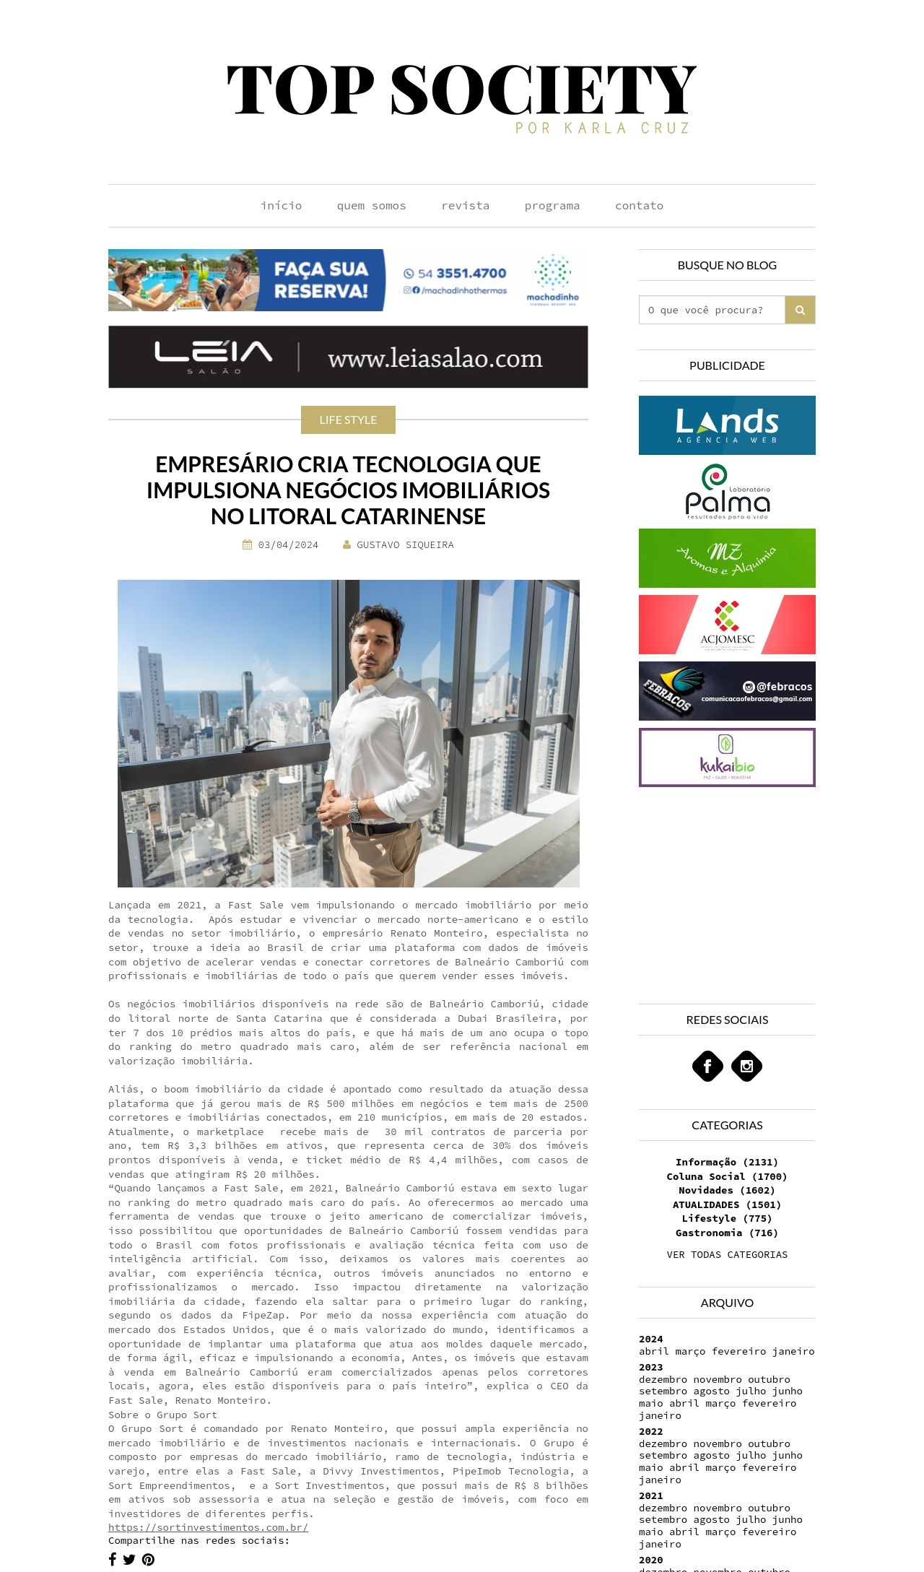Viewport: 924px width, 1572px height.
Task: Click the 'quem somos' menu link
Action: pyautogui.click(x=371, y=206)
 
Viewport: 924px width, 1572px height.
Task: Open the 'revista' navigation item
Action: pyautogui.click(x=465, y=206)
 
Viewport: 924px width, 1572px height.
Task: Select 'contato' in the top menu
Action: pyautogui.click(x=639, y=206)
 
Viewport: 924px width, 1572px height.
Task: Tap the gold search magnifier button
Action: pyautogui.click(x=800, y=310)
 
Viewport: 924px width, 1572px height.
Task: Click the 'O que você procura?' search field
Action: pyautogui.click(x=712, y=310)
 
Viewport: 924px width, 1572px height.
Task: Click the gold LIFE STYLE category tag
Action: pyautogui.click(x=348, y=420)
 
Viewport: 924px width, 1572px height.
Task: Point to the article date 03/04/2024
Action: pyautogui.click(x=288, y=545)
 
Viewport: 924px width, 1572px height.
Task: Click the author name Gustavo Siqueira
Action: pyautogui.click(x=405, y=545)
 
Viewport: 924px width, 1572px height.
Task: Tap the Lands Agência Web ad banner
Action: pyautogui.click(x=727, y=425)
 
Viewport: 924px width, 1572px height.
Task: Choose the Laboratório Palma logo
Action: pyautogui.click(x=727, y=492)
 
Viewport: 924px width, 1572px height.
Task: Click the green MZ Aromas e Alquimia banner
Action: pyautogui.click(x=727, y=558)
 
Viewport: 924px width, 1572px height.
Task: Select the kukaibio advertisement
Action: pyautogui.click(x=727, y=757)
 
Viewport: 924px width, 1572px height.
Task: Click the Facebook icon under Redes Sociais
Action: pyautogui.click(x=707, y=1066)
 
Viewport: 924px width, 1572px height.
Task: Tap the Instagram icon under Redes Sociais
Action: pyautogui.click(x=746, y=1066)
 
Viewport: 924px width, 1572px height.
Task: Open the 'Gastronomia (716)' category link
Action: pyautogui.click(x=727, y=1233)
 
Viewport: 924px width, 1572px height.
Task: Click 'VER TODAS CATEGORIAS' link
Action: pyautogui.click(x=727, y=1254)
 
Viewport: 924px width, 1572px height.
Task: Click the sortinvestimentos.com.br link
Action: pyautogui.click(x=208, y=1527)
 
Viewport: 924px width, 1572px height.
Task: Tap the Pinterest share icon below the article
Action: pyautogui.click(x=148, y=1559)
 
